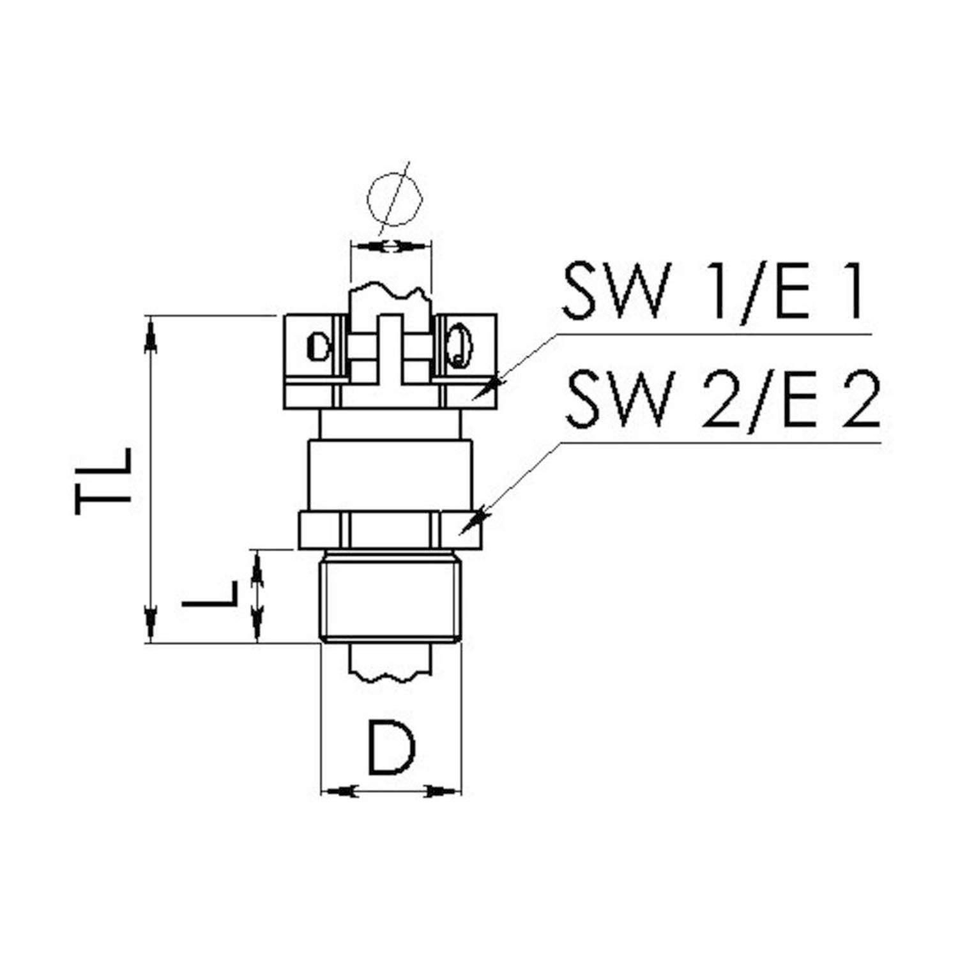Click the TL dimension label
(x=103, y=481)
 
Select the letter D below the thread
(x=391, y=747)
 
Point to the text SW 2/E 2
(x=723, y=400)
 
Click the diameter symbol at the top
(x=395, y=198)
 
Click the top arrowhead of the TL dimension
(x=151, y=333)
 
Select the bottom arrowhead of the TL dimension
(x=151, y=625)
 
